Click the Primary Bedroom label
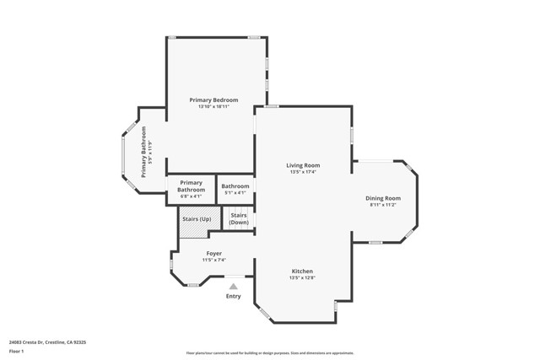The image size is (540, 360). pyautogui.click(x=213, y=100)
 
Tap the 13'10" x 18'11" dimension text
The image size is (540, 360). pyautogui.click(x=213, y=107)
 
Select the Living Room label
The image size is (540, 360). pyautogui.click(x=303, y=165)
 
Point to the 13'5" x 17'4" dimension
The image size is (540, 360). pyautogui.click(x=303, y=172)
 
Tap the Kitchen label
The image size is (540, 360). pyautogui.click(x=302, y=271)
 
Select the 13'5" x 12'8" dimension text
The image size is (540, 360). pyautogui.click(x=302, y=277)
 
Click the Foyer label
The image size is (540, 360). pyautogui.click(x=214, y=253)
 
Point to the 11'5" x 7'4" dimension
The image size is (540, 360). pyautogui.click(x=214, y=260)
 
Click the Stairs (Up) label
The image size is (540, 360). pyautogui.click(x=197, y=219)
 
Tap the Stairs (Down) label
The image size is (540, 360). pyautogui.click(x=239, y=218)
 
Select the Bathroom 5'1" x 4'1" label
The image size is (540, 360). pyautogui.click(x=235, y=186)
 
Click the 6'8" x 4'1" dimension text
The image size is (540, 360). pyautogui.click(x=192, y=196)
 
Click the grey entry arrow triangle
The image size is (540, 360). pyautogui.click(x=234, y=287)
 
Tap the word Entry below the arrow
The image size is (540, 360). pyautogui.click(x=234, y=296)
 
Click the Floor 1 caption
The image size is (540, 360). pyautogui.click(x=16, y=351)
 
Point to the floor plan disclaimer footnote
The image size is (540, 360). pyautogui.click(x=270, y=353)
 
